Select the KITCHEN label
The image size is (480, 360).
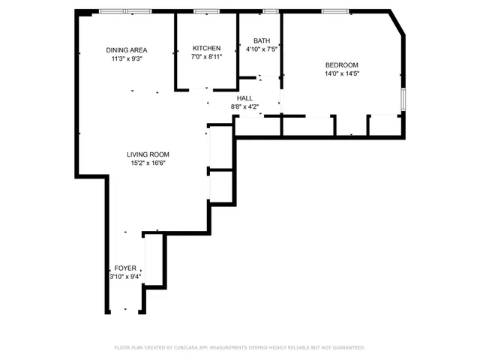[206, 48]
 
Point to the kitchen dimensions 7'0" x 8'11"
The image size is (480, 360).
[206, 57]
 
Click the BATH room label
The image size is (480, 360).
[262, 40]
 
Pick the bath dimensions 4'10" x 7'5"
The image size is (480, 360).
[262, 49]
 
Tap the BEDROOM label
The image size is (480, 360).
[341, 64]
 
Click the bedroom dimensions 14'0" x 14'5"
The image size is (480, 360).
[341, 73]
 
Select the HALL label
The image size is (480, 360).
[244, 98]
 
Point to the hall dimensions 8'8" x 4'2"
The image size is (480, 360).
[244, 107]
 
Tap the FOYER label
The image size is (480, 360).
[125, 268]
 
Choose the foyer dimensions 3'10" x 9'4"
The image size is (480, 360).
[125, 277]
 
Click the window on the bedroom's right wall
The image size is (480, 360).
[403, 99]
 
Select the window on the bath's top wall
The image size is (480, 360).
[271, 11]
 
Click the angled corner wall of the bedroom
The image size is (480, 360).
[398, 23]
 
